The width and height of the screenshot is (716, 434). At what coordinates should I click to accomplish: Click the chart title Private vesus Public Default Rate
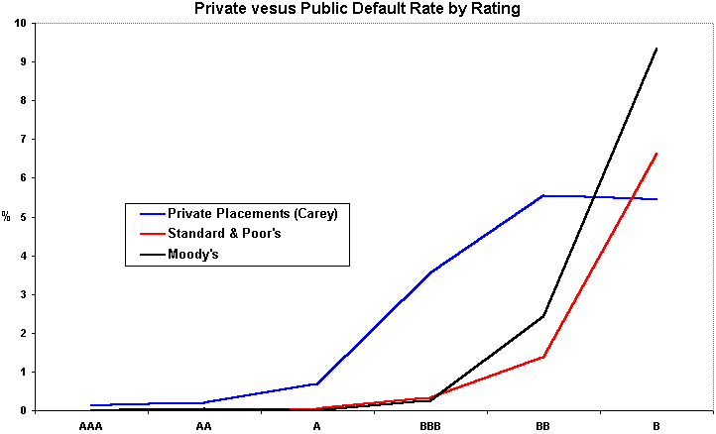point(358,9)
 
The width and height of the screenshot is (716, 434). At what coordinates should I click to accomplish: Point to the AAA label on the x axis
point(90,426)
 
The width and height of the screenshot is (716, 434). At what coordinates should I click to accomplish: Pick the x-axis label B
point(656,426)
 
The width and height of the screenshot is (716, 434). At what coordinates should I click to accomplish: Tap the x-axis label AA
point(203,426)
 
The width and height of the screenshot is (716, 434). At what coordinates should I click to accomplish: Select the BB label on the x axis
point(543,426)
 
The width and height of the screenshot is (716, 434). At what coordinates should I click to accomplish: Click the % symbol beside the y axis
point(6,216)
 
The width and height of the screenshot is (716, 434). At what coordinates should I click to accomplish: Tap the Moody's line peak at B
point(656,48)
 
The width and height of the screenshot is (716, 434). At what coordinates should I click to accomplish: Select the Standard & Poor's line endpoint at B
point(656,154)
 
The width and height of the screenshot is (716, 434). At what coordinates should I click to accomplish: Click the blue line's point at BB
point(543,196)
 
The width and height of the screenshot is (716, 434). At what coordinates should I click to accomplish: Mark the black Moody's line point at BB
point(543,316)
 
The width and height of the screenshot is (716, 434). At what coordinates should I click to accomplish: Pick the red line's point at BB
point(543,357)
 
